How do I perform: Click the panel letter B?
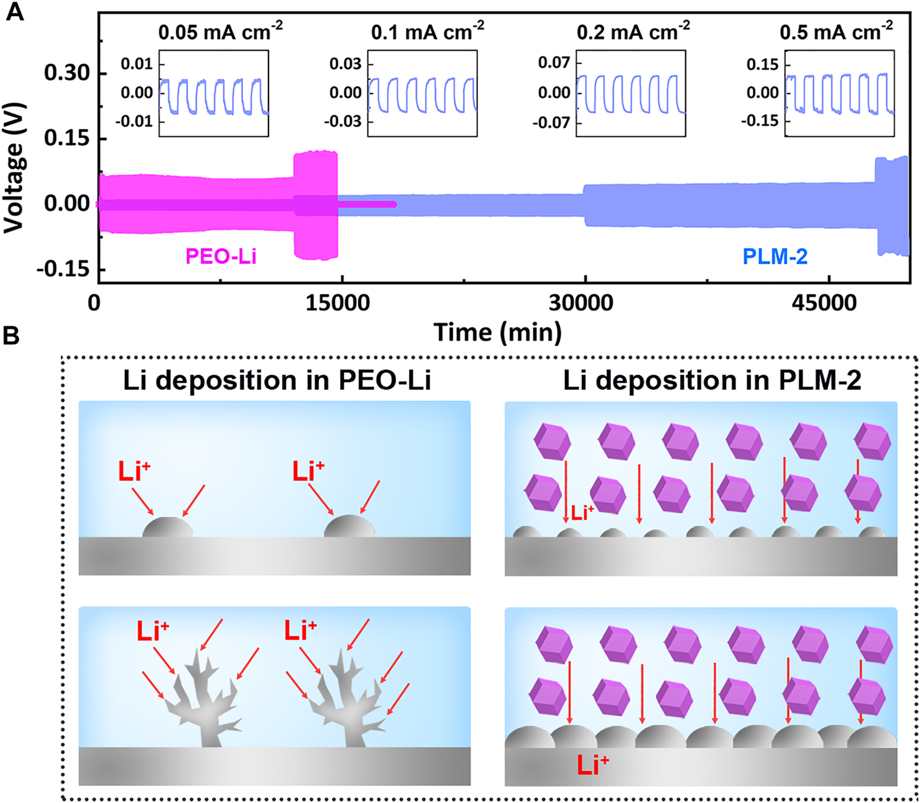pyautogui.click(x=11, y=336)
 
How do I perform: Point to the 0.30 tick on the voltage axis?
pyautogui.click(x=67, y=73)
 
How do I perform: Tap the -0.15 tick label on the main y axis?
pyautogui.click(x=63, y=269)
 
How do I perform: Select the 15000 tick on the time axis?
pyautogui.click(x=338, y=303)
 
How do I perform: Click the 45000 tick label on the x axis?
pyautogui.click(x=824, y=303)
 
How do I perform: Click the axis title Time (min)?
pyautogui.click(x=497, y=332)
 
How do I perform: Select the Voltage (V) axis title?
pyautogui.click(x=14, y=168)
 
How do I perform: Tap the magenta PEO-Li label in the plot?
pyautogui.click(x=221, y=256)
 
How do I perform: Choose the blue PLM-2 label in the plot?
pyautogui.click(x=775, y=256)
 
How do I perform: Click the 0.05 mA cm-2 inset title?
pyautogui.click(x=220, y=31)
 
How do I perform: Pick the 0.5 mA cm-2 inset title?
pyautogui.click(x=836, y=31)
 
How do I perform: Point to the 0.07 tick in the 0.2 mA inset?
pyautogui.click(x=554, y=63)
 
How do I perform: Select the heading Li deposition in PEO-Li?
pyautogui.click(x=277, y=380)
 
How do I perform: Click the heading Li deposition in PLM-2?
pyautogui.click(x=712, y=380)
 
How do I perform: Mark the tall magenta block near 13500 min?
pyautogui.click(x=315, y=205)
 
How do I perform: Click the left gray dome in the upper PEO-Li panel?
pyautogui.click(x=167, y=528)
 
